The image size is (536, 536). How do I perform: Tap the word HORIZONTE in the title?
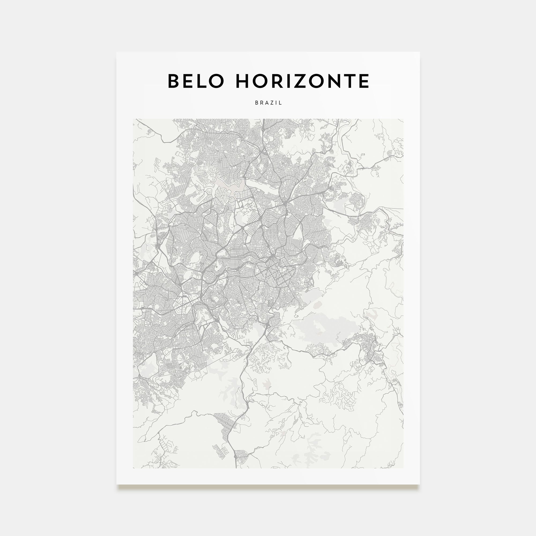pyautogui.click(x=302, y=81)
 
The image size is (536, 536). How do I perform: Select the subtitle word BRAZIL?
pyautogui.click(x=268, y=103)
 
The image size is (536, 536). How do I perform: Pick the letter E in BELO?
pyautogui.click(x=188, y=81)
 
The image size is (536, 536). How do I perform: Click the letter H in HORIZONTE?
pyautogui.click(x=243, y=81)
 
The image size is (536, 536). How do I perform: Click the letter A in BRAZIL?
pyautogui.click(x=267, y=103)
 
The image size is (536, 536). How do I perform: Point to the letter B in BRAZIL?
pyautogui.click(x=257, y=103)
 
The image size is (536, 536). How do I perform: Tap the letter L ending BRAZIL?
pyautogui.click(x=281, y=103)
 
